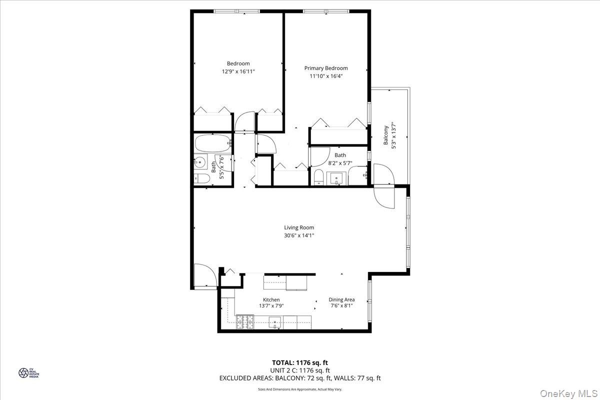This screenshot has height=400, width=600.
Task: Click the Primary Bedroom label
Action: [326, 68]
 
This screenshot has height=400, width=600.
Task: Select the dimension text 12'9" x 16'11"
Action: [238, 71]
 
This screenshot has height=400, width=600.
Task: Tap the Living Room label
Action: [299, 227]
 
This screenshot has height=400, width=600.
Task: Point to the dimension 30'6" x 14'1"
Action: [299, 235]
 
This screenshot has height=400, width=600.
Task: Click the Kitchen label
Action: [271, 299]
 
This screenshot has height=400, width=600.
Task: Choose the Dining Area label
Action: [341, 299]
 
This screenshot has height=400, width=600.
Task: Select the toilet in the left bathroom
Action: [201, 178]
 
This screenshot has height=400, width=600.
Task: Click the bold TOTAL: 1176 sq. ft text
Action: [300, 362]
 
